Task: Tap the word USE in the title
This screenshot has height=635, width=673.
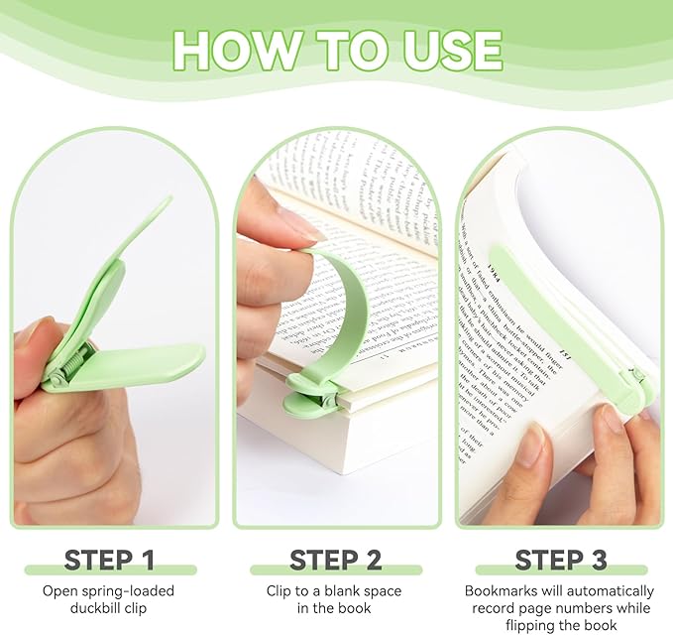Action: [x=445, y=49]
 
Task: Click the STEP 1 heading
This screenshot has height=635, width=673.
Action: [x=109, y=560]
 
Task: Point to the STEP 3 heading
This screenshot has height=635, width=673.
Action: [x=560, y=560]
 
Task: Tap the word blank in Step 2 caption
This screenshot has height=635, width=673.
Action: [x=343, y=591]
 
